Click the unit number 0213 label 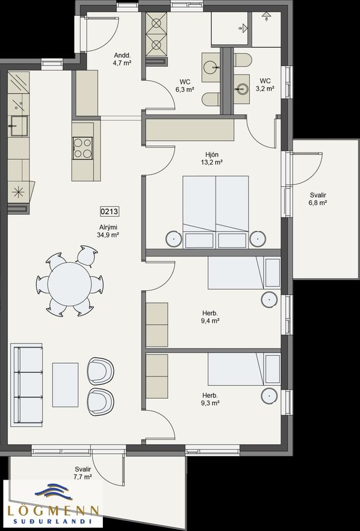pos(110,212)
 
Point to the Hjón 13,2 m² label pos(212,158)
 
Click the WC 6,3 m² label pos(185,85)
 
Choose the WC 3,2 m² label pos(265,85)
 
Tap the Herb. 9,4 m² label pos(209,316)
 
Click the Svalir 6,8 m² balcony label pos(318,198)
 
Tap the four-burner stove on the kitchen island pos(83,147)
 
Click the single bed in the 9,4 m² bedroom pos(243,273)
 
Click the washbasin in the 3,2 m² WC pos(242,87)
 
